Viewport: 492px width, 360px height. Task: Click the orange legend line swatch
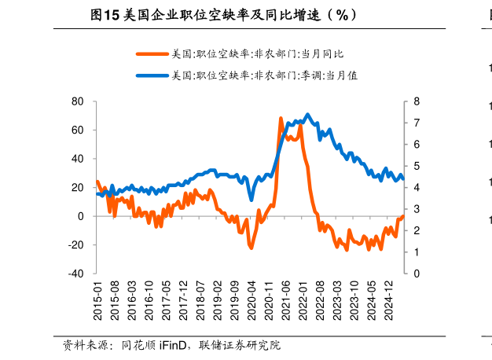coord(152,54)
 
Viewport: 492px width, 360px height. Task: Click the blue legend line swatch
coord(152,75)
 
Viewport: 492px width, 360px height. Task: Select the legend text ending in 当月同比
coord(257,54)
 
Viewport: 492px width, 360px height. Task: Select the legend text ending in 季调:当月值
coord(264,75)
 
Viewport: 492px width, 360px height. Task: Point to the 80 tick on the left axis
coord(78,101)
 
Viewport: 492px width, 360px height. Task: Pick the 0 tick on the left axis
coord(81,216)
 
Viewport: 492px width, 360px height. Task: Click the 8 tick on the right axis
coord(417,101)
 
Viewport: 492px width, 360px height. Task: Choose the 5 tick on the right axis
coord(417,166)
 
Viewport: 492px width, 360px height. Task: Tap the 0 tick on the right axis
coord(417,274)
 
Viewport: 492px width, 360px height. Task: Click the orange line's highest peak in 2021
coord(281,118)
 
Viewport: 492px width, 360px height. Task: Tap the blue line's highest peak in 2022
coord(307,115)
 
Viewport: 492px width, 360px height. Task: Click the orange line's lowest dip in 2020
coord(252,248)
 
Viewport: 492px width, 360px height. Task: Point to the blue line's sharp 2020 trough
coord(252,200)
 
